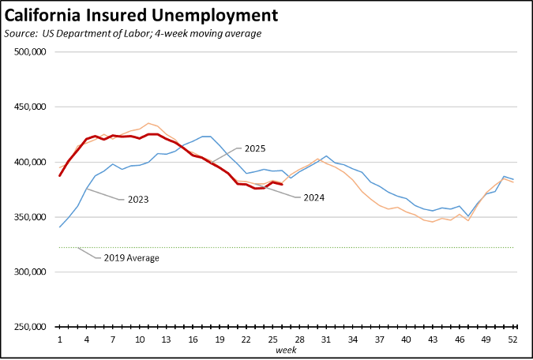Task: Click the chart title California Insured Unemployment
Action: (141, 15)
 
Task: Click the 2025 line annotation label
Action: (254, 148)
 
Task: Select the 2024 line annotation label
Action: (314, 197)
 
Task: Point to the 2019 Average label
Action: (131, 258)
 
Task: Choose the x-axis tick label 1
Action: (60, 339)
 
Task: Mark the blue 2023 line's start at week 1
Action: (60, 227)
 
